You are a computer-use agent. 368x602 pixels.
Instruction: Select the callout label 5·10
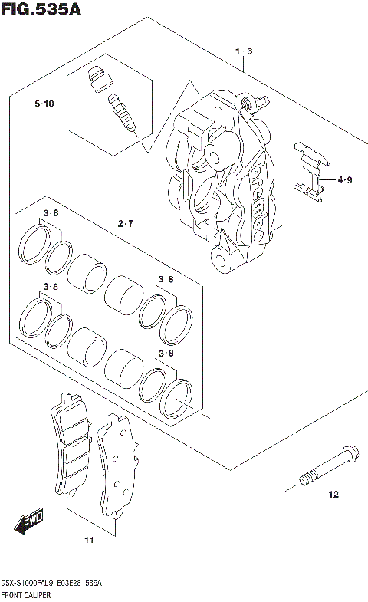coord(44,104)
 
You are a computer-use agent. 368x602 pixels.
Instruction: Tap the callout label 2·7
coord(126,224)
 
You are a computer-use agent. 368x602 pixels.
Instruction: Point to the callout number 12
coord(333,495)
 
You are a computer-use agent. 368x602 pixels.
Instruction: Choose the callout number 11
coord(88,541)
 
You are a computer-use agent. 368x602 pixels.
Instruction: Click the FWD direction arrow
coord(29,524)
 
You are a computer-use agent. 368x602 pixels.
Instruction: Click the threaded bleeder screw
coord(120,113)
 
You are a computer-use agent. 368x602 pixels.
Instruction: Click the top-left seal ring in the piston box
coord(35,242)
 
